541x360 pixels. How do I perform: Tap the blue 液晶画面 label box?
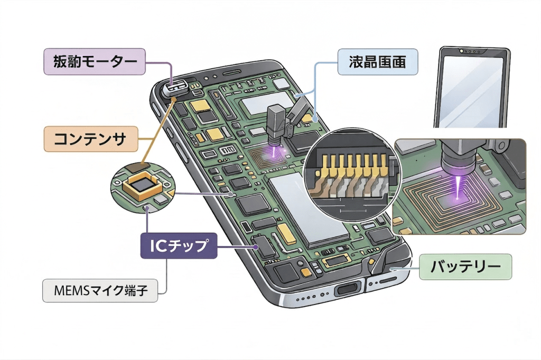coord(377,62)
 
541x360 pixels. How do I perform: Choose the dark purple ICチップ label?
coord(179,245)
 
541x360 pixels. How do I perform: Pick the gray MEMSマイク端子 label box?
coord(100,290)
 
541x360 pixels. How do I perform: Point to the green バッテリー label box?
coord(465,267)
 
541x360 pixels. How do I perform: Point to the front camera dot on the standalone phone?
coord(462,51)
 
